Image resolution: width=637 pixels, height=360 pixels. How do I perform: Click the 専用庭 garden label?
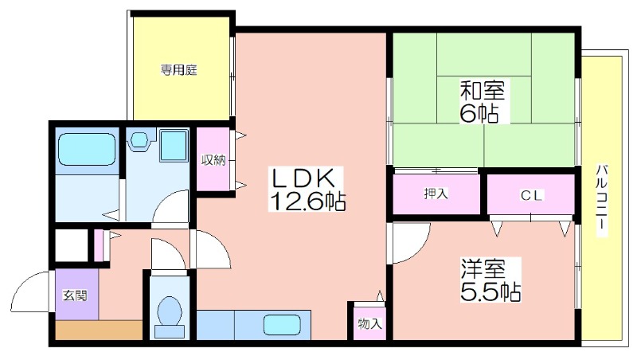(x=178, y=70)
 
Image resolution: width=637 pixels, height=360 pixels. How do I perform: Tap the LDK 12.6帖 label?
(x=307, y=189)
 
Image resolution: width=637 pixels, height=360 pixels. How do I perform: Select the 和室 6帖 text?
(x=482, y=101)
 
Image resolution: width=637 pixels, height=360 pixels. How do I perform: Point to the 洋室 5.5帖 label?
(x=490, y=280)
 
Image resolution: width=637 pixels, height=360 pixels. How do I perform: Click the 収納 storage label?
(x=213, y=160)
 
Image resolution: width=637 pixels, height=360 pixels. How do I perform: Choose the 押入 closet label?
(x=436, y=194)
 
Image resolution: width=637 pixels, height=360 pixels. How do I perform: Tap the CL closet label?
(x=532, y=196)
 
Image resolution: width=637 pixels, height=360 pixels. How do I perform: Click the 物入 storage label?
(x=369, y=324)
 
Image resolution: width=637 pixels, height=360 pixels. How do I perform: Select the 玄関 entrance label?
(x=75, y=295)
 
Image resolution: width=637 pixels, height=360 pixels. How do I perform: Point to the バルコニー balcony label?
(x=602, y=200)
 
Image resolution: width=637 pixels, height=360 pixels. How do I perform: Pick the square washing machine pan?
(x=174, y=145)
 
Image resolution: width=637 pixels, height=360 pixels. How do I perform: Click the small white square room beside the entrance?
(x=72, y=246)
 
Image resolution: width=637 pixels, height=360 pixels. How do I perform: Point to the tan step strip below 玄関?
(x=99, y=331)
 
